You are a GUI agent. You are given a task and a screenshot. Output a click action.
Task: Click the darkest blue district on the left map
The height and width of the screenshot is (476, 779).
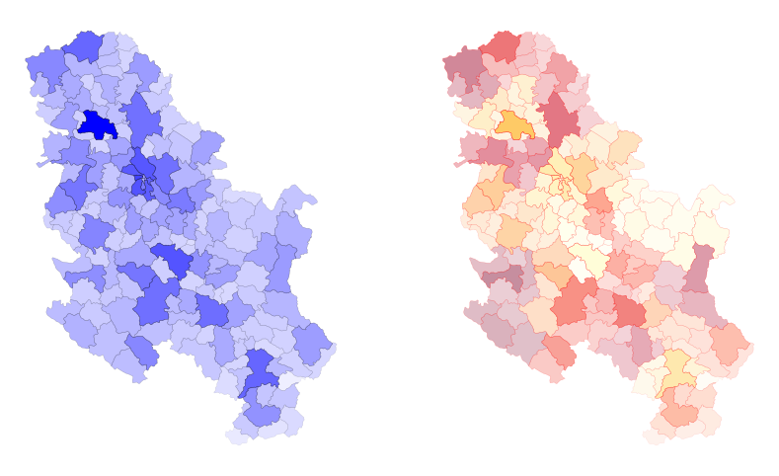tap(96, 125)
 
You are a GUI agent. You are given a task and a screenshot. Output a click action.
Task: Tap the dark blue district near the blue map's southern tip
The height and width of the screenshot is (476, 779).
tap(260, 370)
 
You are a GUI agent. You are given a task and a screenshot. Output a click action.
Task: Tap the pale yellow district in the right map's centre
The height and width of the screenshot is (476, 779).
tap(591, 259)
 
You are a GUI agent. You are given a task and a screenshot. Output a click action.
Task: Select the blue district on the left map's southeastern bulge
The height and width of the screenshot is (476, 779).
tap(313, 344)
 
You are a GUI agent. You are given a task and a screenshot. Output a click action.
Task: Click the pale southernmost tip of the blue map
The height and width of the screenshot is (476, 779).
tap(238, 436)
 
